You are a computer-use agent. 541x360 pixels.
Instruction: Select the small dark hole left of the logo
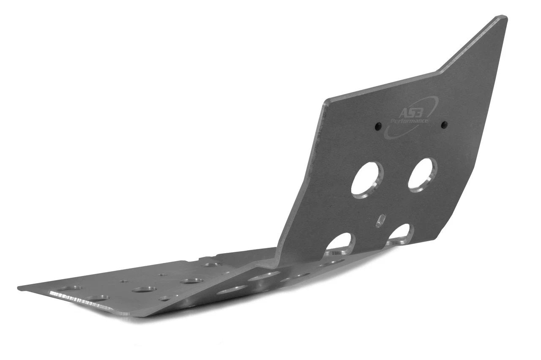[x=378, y=126]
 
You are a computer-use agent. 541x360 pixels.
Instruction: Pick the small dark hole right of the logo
[x=444, y=125]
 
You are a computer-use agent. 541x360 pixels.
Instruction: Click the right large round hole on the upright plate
[x=422, y=175]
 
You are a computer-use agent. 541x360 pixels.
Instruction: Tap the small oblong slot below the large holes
[x=381, y=221]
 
